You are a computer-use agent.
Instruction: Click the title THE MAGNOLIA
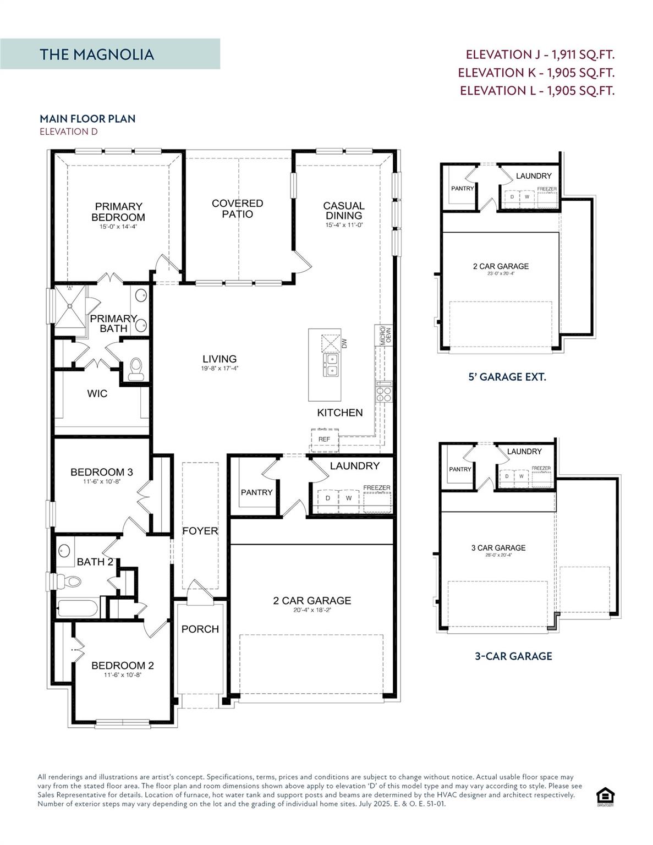(97, 54)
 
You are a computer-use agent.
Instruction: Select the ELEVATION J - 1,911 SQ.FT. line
(540, 54)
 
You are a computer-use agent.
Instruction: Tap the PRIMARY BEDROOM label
(118, 212)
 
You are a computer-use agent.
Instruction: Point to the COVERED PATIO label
(238, 208)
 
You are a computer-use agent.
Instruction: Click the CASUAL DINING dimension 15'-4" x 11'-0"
(344, 225)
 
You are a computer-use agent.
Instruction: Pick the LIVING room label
(220, 359)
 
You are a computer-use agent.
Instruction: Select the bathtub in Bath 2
(78, 609)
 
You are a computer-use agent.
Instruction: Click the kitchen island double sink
(332, 365)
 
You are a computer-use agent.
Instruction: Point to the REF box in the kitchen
(325, 438)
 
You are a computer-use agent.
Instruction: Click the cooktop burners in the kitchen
(384, 394)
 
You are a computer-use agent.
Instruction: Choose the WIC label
(97, 394)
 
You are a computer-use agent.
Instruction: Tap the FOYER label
(200, 531)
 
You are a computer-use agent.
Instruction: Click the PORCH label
(200, 629)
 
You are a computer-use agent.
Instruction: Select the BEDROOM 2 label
(122, 666)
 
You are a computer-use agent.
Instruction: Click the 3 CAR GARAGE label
(498, 548)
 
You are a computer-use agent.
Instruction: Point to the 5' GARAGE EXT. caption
(507, 377)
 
